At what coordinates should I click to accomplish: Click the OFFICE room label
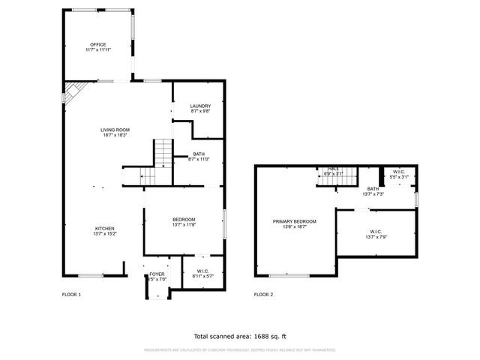click(x=99, y=45)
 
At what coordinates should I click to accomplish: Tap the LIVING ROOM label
click(x=115, y=130)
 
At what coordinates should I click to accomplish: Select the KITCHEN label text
click(x=104, y=228)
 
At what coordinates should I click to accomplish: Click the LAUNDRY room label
click(x=200, y=106)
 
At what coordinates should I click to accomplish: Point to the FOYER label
click(x=157, y=274)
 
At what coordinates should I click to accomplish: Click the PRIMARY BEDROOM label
click(x=294, y=221)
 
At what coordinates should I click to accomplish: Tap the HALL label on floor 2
click(x=333, y=169)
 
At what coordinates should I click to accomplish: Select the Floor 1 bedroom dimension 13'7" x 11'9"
click(x=184, y=225)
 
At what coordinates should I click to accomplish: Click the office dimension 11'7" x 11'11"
click(x=99, y=50)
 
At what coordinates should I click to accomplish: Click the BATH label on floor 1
click(x=199, y=154)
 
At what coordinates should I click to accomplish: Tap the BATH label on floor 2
click(x=373, y=189)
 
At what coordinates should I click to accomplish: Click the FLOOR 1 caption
click(x=71, y=295)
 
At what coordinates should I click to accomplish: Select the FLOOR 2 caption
click(x=263, y=295)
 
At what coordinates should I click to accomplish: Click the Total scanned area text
click(x=240, y=336)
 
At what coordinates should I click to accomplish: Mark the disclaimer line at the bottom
click(x=240, y=349)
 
